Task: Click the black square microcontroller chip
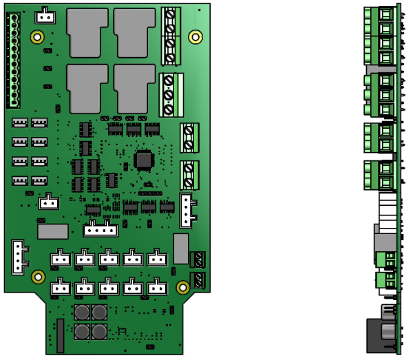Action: pyautogui.click(x=144, y=160)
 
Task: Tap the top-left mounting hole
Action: pyautogui.click(x=38, y=36)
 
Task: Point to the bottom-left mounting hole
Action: pyautogui.click(x=38, y=277)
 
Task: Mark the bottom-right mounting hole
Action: pyautogui.click(x=183, y=286)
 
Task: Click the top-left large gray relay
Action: pyautogui.click(x=87, y=32)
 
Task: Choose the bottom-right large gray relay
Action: pyautogui.click(x=134, y=87)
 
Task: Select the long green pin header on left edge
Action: pyautogui.click(x=13, y=61)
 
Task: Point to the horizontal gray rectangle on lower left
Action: pyautogui.click(x=53, y=231)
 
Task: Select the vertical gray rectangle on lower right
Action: pyautogui.click(x=180, y=248)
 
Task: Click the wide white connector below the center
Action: pyautogui.click(x=100, y=230)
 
